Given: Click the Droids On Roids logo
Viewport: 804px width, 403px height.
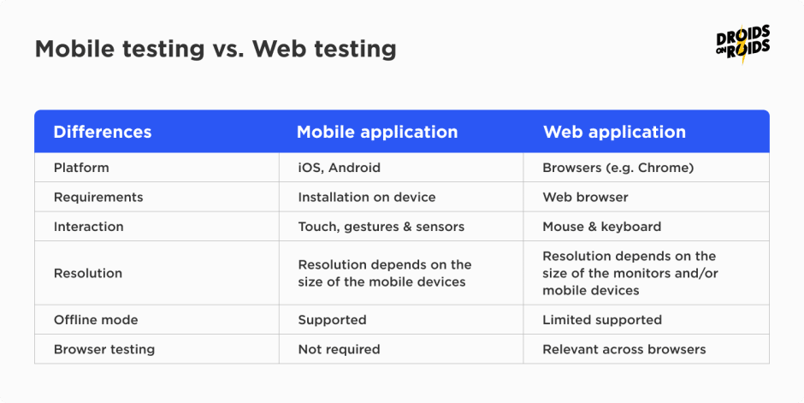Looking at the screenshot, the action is point(743,44).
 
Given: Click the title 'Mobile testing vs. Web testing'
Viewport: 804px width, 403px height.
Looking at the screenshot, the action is point(216,50).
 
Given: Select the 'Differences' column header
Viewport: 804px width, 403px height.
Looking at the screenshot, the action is point(103,132).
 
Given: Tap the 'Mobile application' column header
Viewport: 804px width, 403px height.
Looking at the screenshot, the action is point(377,132).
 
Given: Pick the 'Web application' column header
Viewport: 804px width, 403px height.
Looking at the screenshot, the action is point(614,132).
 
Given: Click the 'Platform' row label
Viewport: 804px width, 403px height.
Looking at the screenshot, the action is point(81,168).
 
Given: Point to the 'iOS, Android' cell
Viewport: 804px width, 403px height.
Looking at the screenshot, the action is point(339,168).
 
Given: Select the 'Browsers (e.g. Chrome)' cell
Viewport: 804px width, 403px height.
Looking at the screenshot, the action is point(618,168).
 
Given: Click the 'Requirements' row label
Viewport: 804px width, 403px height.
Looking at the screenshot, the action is point(98,198).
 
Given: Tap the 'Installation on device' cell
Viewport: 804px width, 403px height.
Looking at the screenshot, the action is point(367,198).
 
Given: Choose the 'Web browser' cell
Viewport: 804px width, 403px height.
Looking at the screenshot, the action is point(585,198).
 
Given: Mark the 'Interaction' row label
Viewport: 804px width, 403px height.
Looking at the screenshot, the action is point(89,227).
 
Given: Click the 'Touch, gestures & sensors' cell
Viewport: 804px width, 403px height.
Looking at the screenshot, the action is point(381,227).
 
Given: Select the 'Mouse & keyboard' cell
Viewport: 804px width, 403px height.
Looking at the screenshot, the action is point(601,227).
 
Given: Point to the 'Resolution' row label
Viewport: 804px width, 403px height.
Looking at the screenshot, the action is point(88,273).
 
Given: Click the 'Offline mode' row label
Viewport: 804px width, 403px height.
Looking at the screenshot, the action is point(96,320).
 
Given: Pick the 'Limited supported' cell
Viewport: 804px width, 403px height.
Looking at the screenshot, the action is point(602,320).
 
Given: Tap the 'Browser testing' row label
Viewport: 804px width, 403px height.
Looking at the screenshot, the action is point(104,349).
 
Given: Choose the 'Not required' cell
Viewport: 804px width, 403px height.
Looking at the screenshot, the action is point(339,349).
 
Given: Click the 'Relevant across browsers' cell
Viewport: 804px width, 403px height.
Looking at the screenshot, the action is point(624,349).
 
